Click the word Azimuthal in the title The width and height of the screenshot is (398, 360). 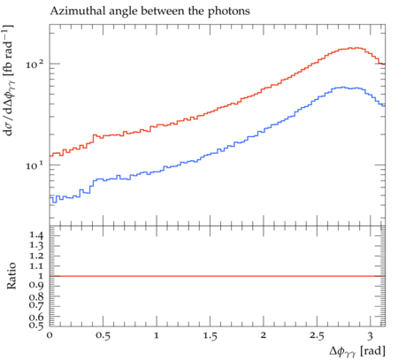tap(73, 11)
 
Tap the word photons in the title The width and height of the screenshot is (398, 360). tap(229, 11)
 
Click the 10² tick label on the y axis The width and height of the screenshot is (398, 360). tap(34, 64)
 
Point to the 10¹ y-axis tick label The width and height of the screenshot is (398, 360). tap(34, 165)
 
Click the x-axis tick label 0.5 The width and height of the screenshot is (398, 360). tap(103, 336)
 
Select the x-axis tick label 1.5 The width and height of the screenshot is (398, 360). tap(210, 336)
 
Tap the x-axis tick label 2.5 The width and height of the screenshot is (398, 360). tap(317, 336)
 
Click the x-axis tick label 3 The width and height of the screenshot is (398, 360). tap(370, 336)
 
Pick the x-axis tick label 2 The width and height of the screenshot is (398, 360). tap(264, 335)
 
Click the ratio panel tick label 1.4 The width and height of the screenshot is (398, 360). tap(36, 235)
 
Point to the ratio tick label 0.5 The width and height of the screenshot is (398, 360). tap(36, 325)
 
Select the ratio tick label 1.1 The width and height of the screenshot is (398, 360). tap(36, 266)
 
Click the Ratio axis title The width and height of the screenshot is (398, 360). tap(11, 276)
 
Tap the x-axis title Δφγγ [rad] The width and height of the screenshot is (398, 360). tap(357, 351)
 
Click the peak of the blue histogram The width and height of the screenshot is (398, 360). tap(342, 87)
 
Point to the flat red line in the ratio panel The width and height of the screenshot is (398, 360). tap(218, 276)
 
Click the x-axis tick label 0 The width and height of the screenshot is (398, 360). tap(50, 335)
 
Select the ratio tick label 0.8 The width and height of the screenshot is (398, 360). tap(36, 296)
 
